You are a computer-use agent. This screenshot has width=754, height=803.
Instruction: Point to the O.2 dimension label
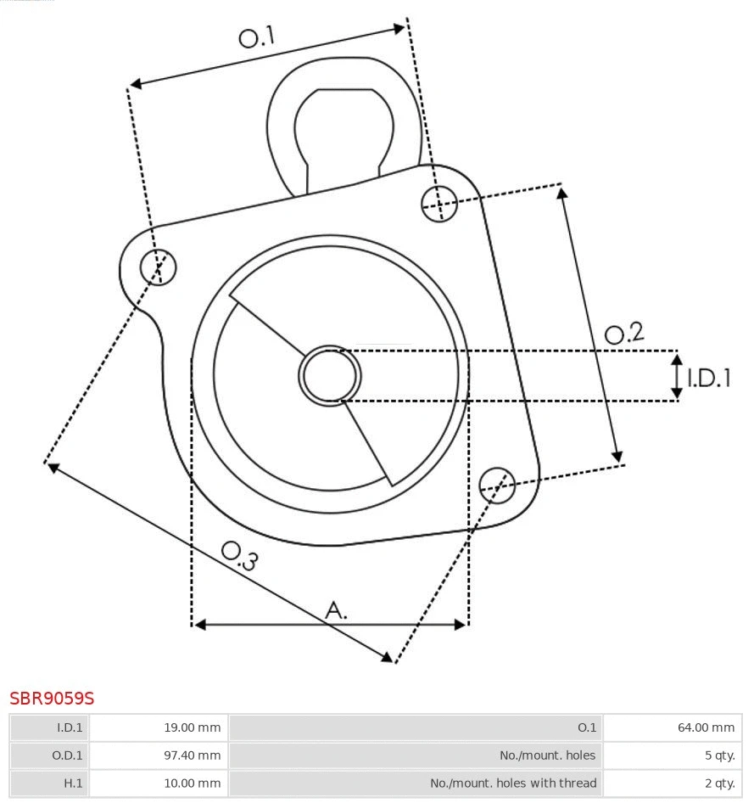click(x=624, y=334)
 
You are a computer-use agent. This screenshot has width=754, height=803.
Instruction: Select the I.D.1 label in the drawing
click(x=708, y=378)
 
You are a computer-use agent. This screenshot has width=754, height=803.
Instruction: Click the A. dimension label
click(x=337, y=609)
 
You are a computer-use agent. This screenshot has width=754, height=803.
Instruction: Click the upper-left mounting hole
click(x=159, y=267)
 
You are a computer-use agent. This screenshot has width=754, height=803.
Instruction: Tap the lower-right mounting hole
click(x=497, y=484)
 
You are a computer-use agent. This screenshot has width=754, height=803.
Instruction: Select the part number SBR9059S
click(x=52, y=699)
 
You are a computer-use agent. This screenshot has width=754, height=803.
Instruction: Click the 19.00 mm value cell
click(x=159, y=727)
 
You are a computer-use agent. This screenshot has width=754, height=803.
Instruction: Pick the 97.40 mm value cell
click(x=159, y=755)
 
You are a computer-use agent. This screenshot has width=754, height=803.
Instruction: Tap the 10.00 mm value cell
click(x=159, y=783)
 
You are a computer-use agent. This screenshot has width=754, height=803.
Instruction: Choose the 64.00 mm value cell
click(x=672, y=727)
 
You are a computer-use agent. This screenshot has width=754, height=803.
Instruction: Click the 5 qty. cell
click(x=672, y=755)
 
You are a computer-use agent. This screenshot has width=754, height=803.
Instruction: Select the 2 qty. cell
click(x=672, y=783)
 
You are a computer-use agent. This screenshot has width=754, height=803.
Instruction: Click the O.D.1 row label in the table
click(x=50, y=755)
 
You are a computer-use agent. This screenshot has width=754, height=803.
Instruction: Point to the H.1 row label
click(x=50, y=783)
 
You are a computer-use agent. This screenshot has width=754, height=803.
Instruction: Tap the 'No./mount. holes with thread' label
click(x=416, y=783)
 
